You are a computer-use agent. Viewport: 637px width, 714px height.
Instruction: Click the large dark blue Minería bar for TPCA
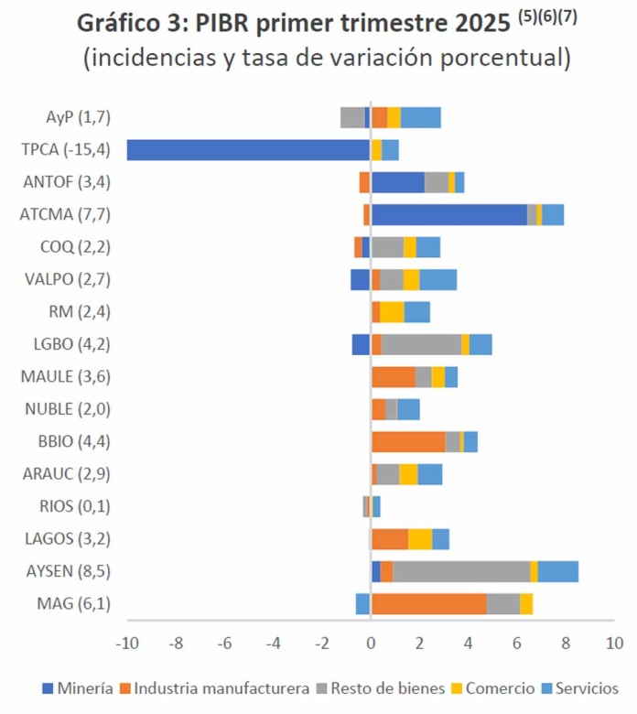click(248, 150)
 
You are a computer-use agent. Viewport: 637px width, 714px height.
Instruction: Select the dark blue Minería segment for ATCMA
click(448, 214)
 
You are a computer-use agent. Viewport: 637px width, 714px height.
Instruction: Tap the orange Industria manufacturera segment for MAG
click(428, 604)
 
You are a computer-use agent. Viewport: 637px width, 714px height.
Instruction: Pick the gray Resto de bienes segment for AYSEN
click(461, 571)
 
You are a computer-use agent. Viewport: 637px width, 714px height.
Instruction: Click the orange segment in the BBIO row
click(408, 441)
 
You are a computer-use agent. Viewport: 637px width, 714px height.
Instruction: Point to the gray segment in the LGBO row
click(421, 344)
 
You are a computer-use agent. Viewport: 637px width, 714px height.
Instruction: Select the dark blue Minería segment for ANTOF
click(397, 182)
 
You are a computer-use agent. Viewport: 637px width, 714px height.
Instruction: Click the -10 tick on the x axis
click(126, 643)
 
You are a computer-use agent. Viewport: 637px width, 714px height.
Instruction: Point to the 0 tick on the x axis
click(371, 643)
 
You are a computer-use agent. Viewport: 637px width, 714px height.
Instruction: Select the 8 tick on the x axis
click(566, 643)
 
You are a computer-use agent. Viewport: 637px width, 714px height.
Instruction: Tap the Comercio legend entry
click(500, 688)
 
